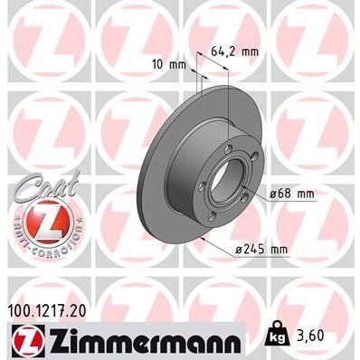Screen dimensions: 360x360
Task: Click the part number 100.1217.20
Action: coord(54,309)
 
